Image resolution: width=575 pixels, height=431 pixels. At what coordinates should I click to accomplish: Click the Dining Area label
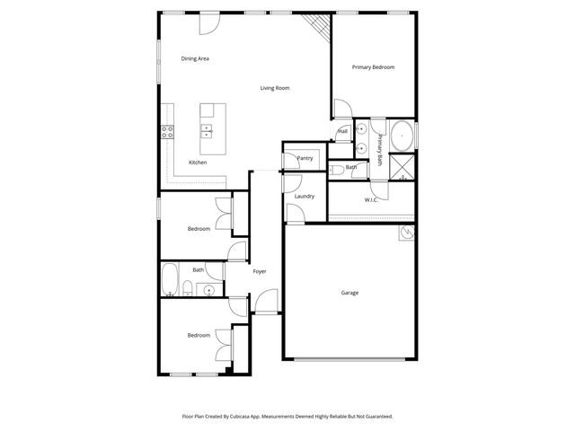tap(195, 58)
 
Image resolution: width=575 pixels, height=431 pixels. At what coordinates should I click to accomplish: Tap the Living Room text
tap(274, 88)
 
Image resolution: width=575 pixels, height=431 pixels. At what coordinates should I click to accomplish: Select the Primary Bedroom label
tap(373, 67)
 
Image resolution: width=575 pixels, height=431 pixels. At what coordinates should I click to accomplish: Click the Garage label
tap(349, 293)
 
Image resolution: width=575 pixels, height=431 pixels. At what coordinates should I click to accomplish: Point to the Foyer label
tap(260, 271)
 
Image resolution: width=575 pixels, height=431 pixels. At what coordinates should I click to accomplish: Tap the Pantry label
tap(305, 158)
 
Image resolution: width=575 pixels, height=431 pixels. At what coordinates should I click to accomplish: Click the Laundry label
tap(305, 196)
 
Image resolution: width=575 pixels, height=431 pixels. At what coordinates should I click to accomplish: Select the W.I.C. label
tap(371, 199)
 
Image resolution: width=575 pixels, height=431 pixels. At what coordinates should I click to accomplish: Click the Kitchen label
tap(198, 163)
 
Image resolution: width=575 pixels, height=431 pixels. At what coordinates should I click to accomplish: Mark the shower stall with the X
tap(404, 167)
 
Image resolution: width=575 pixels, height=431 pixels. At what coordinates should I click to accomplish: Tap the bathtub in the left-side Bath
tap(169, 278)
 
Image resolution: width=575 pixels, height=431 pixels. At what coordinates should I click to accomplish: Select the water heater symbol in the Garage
tap(406, 233)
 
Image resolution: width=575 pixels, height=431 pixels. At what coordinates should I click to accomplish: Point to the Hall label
tap(343, 131)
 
